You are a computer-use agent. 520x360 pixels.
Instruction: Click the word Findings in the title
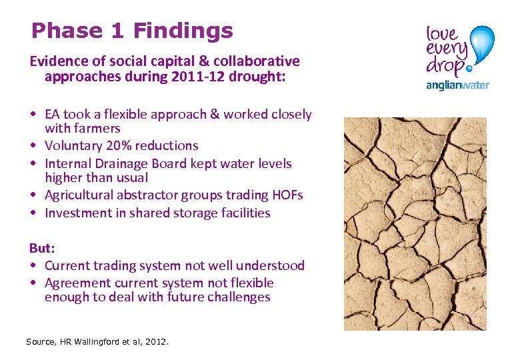pyautogui.click(x=183, y=31)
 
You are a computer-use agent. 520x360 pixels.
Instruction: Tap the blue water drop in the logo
pyautogui.click(x=482, y=45)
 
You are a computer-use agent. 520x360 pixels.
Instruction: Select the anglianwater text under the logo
pyautogui.click(x=457, y=85)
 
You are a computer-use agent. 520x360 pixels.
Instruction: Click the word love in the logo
pyautogui.click(x=442, y=33)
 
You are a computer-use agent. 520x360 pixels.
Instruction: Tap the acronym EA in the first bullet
pyautogui.click(x=53, y=114)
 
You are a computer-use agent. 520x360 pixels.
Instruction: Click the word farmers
pyautogui.click(x=97, y=128)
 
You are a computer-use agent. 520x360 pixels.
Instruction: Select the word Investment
pyautogui.click(x=77, y=213)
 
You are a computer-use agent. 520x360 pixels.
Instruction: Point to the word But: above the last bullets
pyautogui.click(x=42, y=248)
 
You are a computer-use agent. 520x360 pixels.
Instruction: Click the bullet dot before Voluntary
pyautogui.click(x=33, y=146)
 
